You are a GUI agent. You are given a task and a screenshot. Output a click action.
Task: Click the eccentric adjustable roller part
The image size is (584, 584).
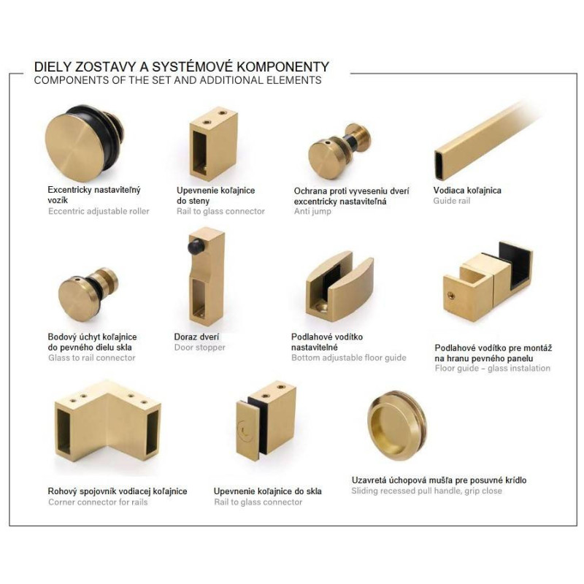coord(84,142)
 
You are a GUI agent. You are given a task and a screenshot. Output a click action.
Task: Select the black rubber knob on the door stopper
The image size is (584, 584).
coord(196,246)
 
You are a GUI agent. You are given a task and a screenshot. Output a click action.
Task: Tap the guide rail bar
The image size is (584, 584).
coord(484,139)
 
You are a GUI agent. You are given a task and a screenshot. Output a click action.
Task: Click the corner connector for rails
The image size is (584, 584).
coord(107,421)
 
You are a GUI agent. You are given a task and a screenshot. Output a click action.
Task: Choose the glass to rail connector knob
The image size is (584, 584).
coord(88,294)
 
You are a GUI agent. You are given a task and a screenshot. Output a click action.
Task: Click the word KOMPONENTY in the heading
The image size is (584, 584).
coord(283,67)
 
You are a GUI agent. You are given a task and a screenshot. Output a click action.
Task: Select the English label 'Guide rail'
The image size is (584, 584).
coord(452,201)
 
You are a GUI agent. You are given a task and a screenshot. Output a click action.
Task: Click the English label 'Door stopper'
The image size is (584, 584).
coord(199,347)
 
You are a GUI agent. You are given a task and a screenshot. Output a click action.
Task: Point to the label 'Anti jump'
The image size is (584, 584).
coord(312,212)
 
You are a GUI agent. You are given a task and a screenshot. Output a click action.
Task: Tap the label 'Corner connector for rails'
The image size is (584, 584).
coord(98,502)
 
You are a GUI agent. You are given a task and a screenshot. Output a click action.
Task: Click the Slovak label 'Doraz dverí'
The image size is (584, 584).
coord(196,337)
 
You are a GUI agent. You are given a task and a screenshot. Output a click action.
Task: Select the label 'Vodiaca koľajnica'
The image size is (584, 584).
coord(467,191)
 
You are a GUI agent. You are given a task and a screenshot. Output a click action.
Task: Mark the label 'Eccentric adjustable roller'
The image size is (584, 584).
coord(99,211)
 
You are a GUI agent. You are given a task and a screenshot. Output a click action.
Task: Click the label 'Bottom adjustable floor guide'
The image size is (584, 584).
coord(349,358)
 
